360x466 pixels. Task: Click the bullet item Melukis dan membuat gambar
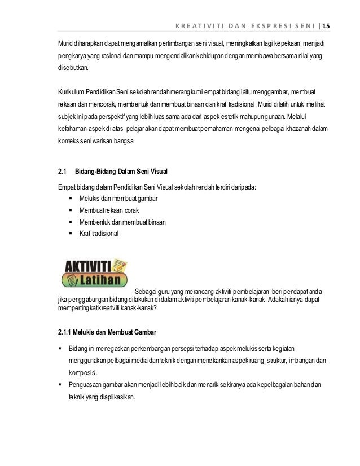coord(111,199)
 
